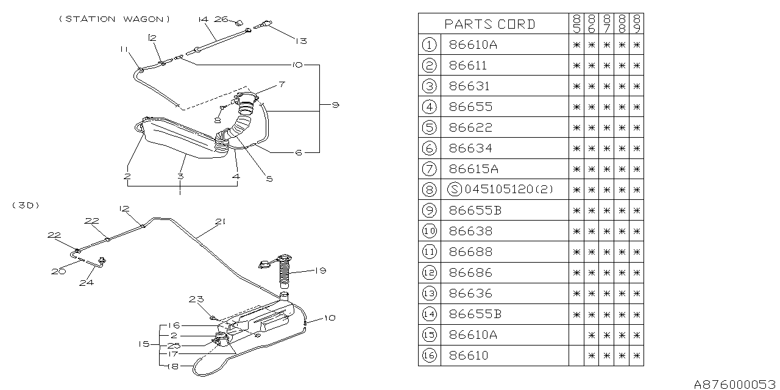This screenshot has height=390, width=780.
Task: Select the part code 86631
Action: pos(469,86)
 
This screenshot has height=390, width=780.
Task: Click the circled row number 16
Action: pos(429,355)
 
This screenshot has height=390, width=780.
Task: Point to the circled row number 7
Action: pos(429,169)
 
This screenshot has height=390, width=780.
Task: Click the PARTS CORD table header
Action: pos(490,24)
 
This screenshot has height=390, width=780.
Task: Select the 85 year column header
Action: pos(576,24)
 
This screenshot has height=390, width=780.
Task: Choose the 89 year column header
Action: pos(636,24)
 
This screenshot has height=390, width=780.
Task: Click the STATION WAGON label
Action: pos(115,19)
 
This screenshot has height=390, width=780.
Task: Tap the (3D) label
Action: pos(26,205)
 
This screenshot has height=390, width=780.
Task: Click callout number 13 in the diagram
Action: pos(300,41)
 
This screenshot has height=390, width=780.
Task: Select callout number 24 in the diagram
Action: pos(87,282)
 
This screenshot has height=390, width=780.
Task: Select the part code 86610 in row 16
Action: pos(468,355)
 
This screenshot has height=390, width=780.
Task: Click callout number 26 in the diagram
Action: pos(221,19)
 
